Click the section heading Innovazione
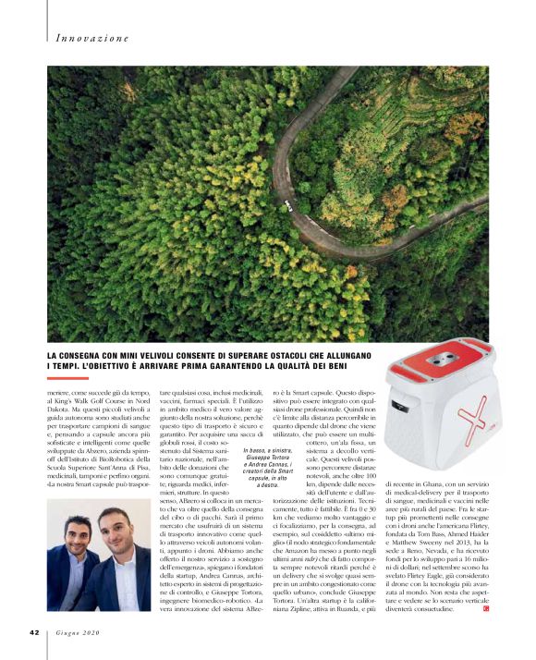[x=91, y=39]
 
